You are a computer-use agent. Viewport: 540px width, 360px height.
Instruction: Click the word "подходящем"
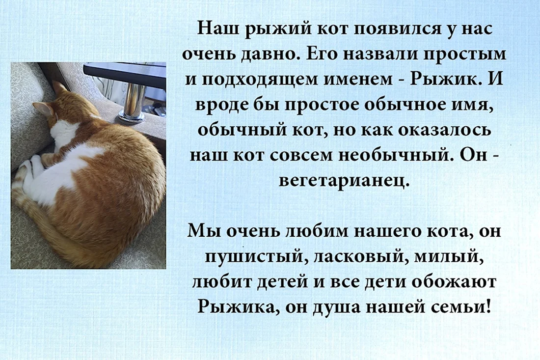pyautogui.click(x=263, y=79)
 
